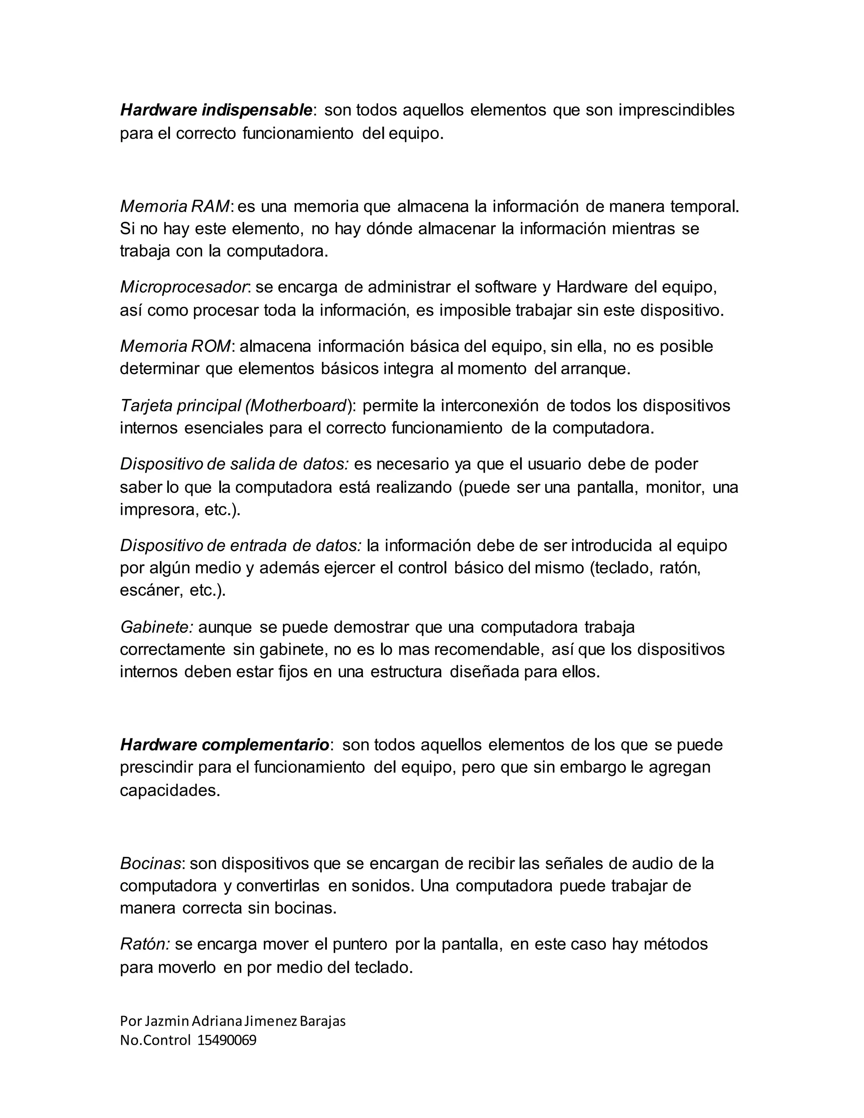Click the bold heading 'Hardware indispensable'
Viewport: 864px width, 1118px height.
(216, 110)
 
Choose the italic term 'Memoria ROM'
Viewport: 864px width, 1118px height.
(175, 346)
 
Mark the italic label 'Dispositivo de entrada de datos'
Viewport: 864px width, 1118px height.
(240, 545)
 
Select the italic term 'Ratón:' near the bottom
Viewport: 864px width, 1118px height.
(145, 944)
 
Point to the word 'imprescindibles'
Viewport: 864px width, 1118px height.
(676, 110)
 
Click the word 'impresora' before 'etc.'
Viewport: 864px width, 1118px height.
(156, 510)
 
